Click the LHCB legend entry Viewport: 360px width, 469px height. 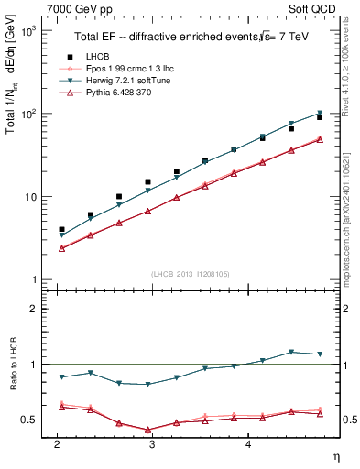100,57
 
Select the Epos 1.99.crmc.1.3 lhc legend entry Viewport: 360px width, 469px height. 121,69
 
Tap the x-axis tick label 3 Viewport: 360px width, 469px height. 152,443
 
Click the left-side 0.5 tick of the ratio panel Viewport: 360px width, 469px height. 29,420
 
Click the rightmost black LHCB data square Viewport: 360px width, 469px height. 320,117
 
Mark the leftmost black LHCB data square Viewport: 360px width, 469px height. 61,229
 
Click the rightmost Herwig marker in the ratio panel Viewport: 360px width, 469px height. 320,354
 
